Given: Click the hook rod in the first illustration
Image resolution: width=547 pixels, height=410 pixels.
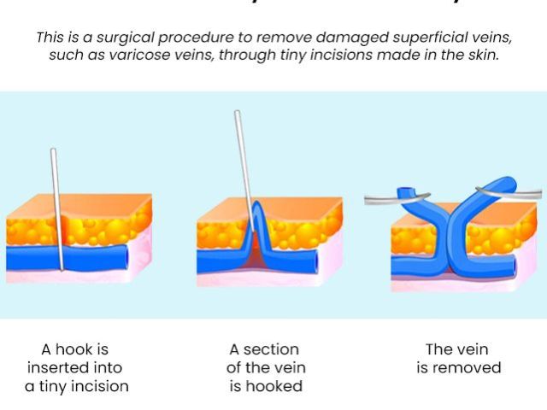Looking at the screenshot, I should tap(56, 196).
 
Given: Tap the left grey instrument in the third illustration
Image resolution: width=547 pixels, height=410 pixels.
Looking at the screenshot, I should tap(385, 199).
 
